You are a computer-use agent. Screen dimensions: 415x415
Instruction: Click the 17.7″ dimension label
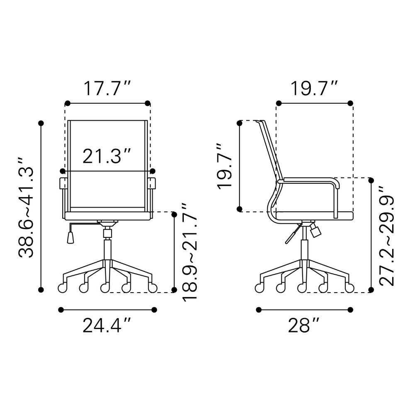click(x=107, y=88)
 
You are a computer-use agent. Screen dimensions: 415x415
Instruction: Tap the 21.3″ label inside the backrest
click(x=107, y=156)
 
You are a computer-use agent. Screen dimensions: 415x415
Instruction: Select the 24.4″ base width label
click(x=107, y=325)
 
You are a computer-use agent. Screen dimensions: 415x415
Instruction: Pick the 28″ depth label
click(x=304, y=325)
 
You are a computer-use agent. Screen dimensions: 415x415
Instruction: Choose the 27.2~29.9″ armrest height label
click(x=387, y=236)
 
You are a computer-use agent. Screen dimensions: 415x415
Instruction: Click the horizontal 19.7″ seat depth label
click(x=314, y=88)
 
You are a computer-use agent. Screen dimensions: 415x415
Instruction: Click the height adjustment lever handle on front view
click(x=71, y=237)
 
